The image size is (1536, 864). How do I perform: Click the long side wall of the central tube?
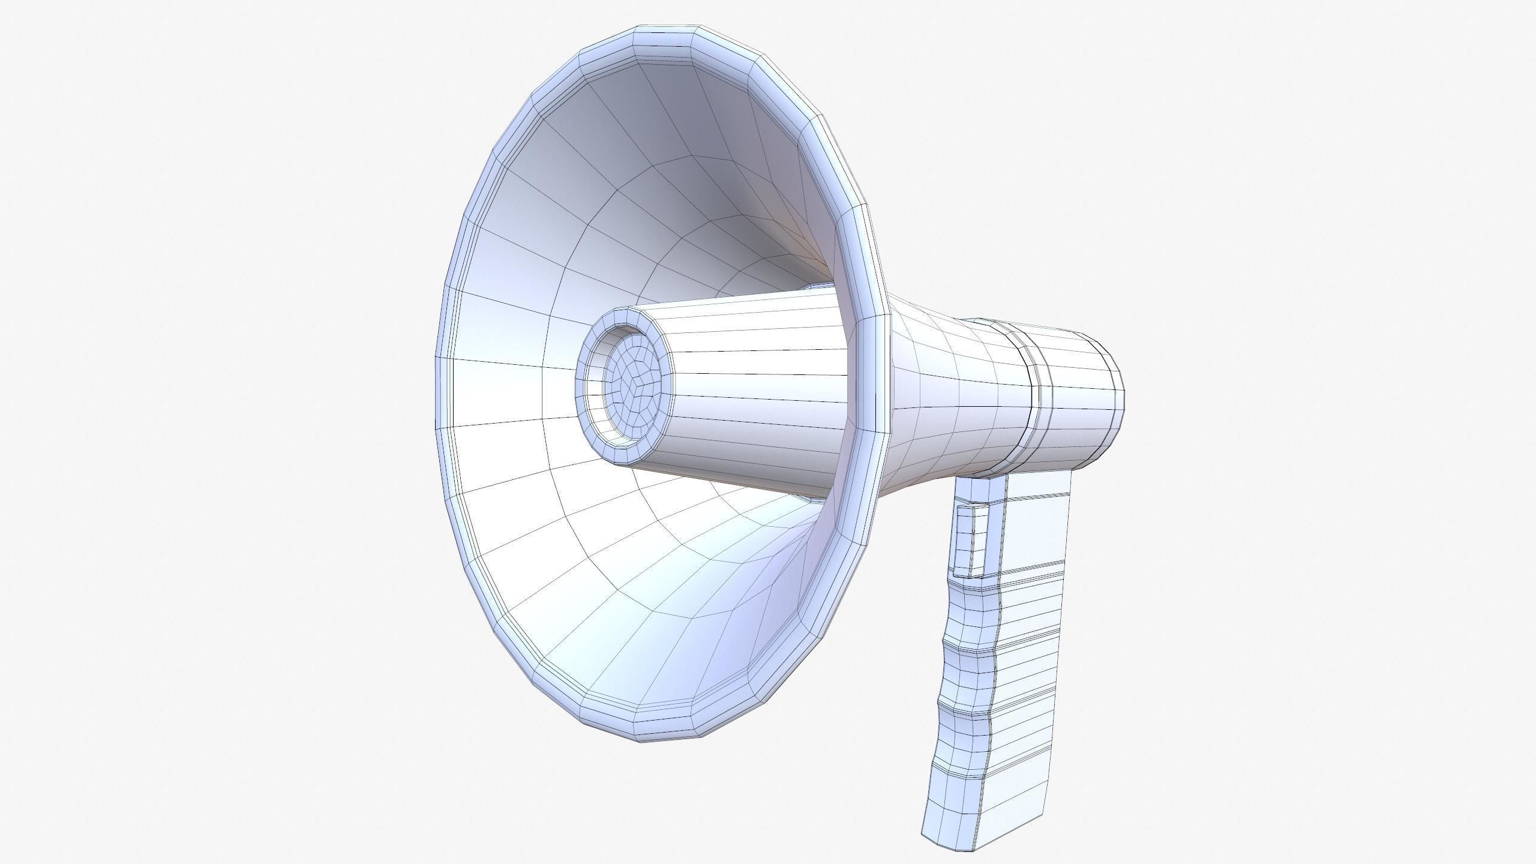[x=756, y=384]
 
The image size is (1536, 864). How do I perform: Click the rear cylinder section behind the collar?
[x=1080, y=396]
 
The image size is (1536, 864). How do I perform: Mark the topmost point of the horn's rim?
[x=666, y=26]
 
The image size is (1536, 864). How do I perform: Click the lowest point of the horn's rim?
[x=666, y=740]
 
